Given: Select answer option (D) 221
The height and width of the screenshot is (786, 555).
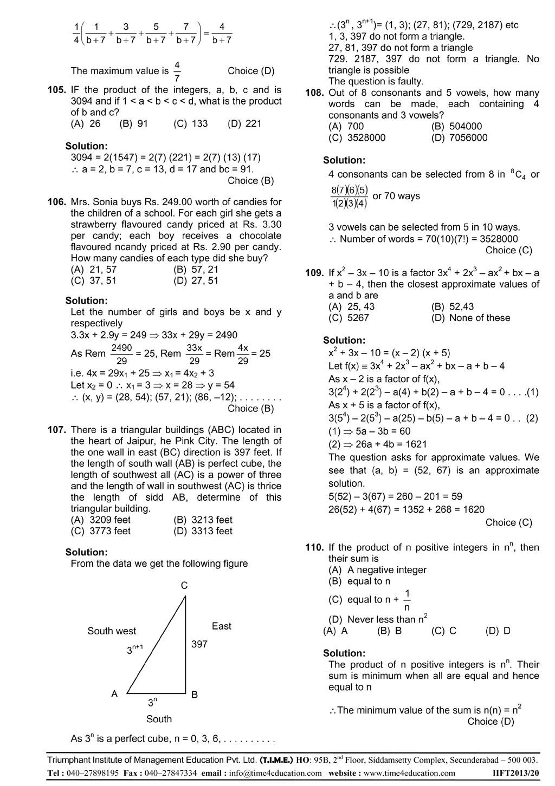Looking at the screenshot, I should click(244, 123).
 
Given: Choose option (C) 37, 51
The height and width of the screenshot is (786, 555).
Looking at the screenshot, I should click(94, 280).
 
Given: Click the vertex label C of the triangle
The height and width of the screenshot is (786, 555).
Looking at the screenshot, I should click(184, 585).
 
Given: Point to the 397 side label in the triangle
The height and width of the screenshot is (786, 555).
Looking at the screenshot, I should click(199, 644).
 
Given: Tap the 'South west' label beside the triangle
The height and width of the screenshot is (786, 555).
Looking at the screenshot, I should click(112, 631).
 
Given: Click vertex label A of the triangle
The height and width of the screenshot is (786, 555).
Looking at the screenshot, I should click(114, 694).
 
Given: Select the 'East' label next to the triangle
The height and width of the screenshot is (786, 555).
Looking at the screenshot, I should click(221, 626).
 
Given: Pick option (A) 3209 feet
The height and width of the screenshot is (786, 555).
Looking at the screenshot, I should click(101, 520).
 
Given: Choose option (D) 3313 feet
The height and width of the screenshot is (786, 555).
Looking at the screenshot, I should click(203, 531).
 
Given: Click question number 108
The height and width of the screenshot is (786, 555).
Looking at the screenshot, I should click(314, 93).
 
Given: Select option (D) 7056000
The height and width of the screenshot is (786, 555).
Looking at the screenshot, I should click(459, 137).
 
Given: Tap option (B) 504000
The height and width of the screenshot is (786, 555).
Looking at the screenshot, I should click(456, 126).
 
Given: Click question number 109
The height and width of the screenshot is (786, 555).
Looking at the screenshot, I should click(314, 273).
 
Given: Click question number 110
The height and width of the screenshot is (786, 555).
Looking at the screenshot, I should click(314, 547).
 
